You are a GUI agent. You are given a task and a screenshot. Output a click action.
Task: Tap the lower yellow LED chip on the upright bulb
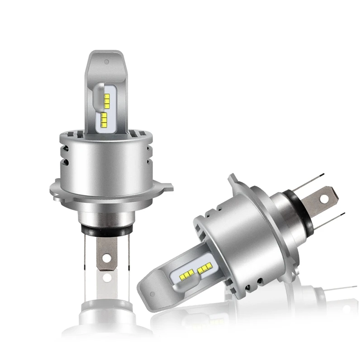click(x=105, y=119)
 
